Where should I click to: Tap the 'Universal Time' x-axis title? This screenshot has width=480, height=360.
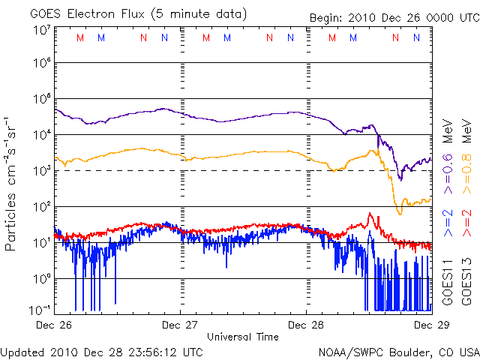coord(243,337)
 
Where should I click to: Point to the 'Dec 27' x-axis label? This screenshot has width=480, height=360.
coord(180,325)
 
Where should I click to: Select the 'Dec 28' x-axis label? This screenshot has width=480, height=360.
coord(306,325)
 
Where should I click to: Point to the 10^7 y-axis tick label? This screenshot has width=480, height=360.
coord(41,30)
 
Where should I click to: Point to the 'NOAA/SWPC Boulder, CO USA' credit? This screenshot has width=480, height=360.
coord(398,351)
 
